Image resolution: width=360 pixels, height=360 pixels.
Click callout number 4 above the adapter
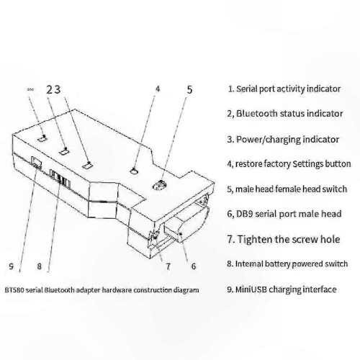click(x=158, y=89)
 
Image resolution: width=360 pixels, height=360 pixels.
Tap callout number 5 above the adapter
click(x=189, y=89)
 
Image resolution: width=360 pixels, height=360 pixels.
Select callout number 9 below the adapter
click(x=11, y=266)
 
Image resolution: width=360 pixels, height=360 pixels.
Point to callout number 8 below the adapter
click(x=39, y=266)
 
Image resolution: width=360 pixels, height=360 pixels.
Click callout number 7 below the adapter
click(x=168, y=266)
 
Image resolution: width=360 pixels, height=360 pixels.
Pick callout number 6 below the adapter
click(x=194, y=266)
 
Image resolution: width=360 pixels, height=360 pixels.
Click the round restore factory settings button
click(x=134, y=171)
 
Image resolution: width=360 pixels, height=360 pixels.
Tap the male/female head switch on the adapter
click(x=160, y=185)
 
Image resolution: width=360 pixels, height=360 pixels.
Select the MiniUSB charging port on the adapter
click(x=36, y=162)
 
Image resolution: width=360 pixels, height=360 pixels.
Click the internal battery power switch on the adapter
click(x=60, y=179)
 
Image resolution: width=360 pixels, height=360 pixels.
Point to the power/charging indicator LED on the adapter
click(x=87, y=166)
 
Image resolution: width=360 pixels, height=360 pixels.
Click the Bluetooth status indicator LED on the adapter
click(x=65, y=151)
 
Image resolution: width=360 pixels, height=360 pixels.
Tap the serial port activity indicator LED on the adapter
click(x=42, y=138)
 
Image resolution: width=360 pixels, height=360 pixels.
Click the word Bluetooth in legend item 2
click(x=256, y=113)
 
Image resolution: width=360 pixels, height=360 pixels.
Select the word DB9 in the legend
click(x=245, y=214)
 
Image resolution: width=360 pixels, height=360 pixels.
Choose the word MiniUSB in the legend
click(x=251, y=289)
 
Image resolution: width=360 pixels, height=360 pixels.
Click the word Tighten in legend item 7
click(x=253, y=240)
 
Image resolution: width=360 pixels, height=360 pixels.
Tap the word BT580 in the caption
click(x=14, y=290)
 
